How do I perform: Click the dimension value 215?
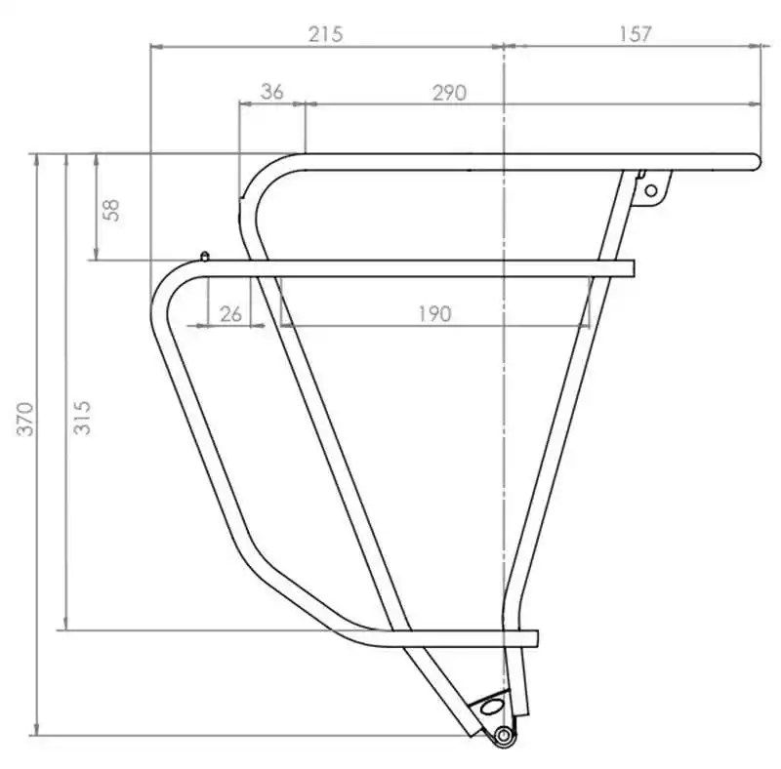325,33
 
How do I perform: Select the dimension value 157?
634,33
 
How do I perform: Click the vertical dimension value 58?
111,208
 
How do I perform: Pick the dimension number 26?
230,313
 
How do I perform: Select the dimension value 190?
435,313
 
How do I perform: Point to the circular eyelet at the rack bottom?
504,735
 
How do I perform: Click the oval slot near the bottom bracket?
492,705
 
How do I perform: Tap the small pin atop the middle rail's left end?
204,257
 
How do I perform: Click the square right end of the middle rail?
631,268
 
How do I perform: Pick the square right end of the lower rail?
534,639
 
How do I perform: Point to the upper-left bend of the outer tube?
168,283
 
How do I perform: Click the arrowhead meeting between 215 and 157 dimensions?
503,45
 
